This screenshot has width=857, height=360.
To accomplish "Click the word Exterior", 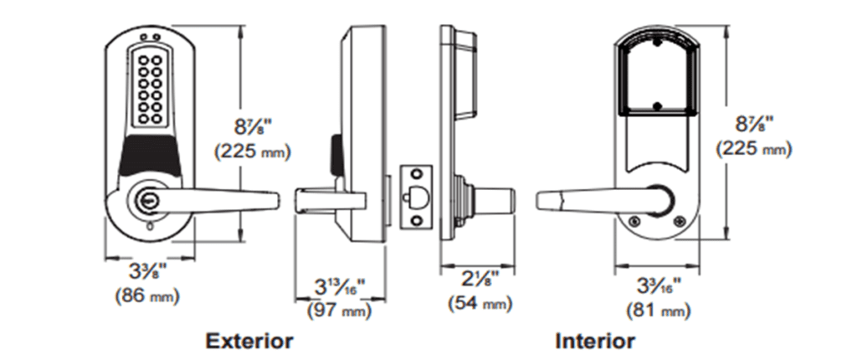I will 249,341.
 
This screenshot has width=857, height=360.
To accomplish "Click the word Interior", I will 594,341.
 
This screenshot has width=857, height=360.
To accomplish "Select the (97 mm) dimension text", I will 340,311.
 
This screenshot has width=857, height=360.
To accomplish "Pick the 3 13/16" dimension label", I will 340,286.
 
